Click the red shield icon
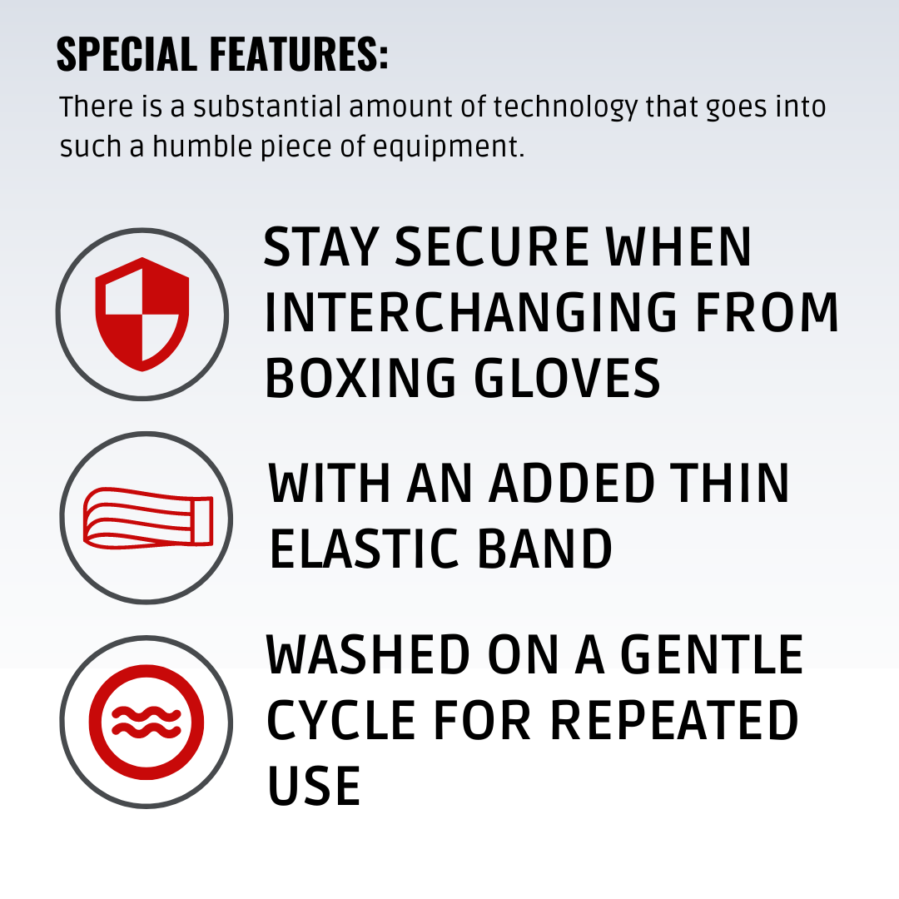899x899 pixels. tap(142, 314)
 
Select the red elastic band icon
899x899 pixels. tap(148, 518)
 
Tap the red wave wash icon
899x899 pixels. tap(147, 722)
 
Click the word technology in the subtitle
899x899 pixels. tap(565, 108)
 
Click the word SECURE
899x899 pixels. tap(492, 246)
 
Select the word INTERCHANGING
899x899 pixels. tap(471, 312)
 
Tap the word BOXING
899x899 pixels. tap(360, 378)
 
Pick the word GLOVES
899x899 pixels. tap(568, 378)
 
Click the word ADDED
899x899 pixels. tap(572, 484)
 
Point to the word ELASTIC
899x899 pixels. tap(364, 549)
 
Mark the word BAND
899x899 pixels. tap(544, 549)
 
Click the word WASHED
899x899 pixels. tap(368, 655)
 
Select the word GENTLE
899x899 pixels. tap(712, 655)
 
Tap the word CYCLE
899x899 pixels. tap(341, 720)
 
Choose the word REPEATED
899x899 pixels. tap(674, 720)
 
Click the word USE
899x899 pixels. tap(314, 786)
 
